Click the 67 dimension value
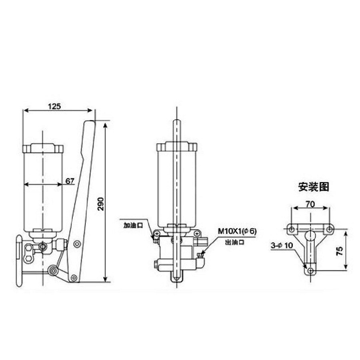70,181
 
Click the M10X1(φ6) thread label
237,231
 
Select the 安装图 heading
314,186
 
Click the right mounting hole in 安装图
329,229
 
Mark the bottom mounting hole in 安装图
311,270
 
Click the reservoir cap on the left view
43,148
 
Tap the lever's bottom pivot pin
73,277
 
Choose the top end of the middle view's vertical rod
177,122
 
